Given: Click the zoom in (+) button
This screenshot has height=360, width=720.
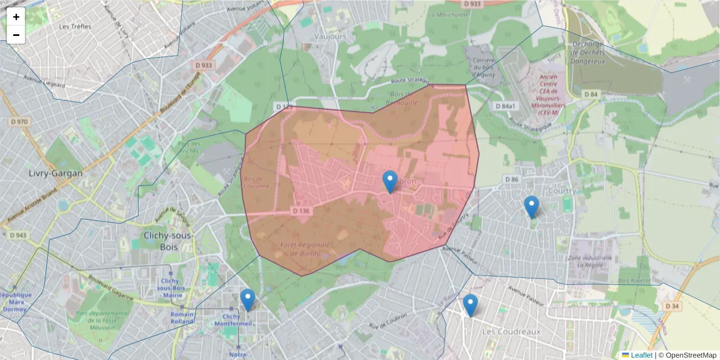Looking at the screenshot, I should click(x=16, y=17).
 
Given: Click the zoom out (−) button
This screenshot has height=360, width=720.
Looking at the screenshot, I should click(x=16, y=35).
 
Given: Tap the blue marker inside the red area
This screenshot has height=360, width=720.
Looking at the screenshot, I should click(x=390, y=182).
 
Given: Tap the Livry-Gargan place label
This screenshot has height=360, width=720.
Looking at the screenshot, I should click(x=56, y=173).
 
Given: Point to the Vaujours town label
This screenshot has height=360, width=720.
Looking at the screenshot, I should click(x=331, y=37).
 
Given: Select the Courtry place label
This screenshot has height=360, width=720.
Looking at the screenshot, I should click(x=562, y=191).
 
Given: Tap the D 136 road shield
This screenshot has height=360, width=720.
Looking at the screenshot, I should click(x=302, y=211).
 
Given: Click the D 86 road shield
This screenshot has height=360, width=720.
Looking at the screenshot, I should click(x=511, y=179).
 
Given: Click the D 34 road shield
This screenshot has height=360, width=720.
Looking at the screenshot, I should click(x=673, y=306).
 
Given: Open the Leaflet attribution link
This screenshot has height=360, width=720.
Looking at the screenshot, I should click(x=641, y=355).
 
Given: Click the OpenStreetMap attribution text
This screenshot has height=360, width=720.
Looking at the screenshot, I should click(x=691, y=355).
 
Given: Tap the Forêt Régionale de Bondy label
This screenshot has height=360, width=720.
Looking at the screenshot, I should click(x=305, y=249).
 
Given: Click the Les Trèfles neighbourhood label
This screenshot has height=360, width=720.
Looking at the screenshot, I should click(x=75, y=26).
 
